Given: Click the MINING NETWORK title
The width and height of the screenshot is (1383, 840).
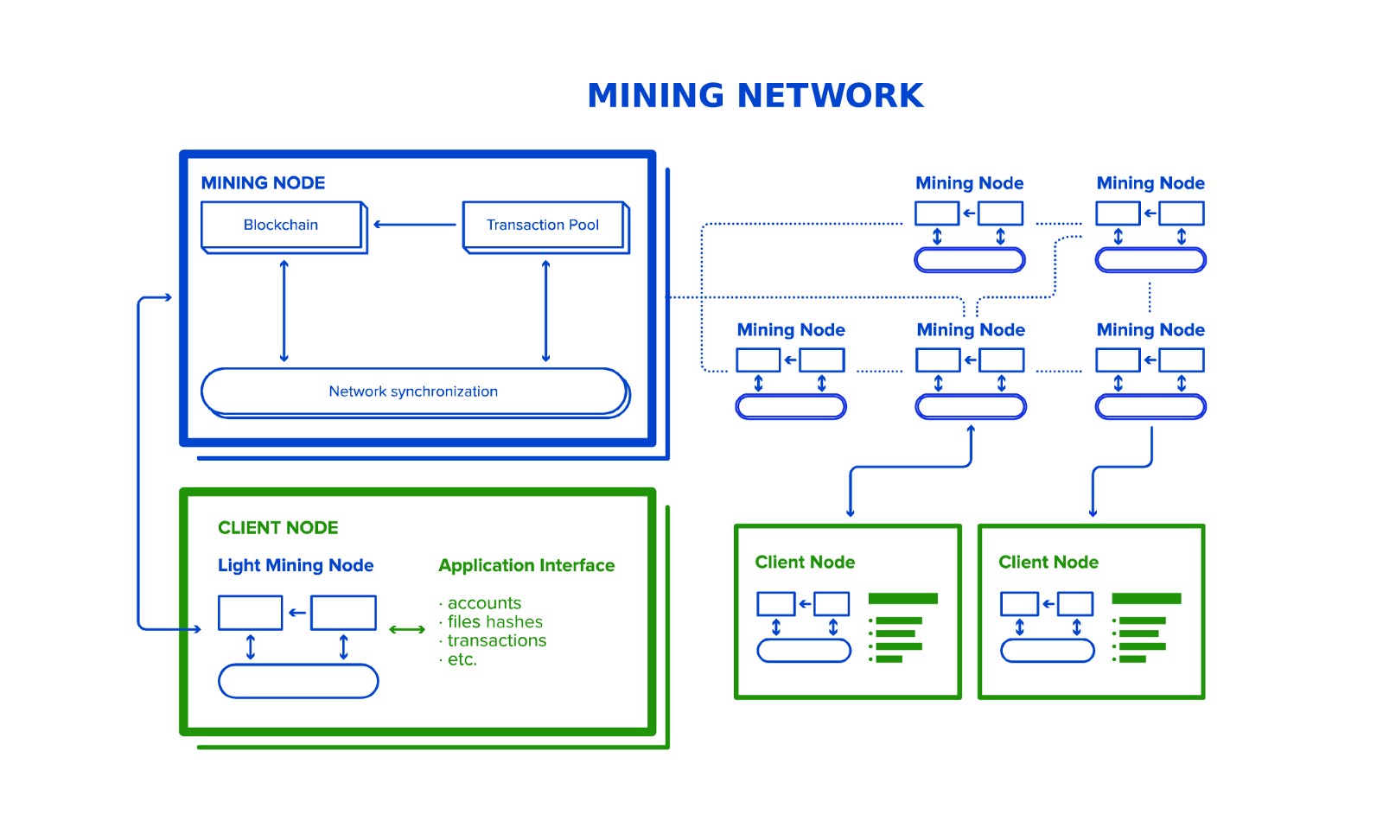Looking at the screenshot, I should click(755, 96).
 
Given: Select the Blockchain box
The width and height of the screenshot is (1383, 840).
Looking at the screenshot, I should click(281, 226).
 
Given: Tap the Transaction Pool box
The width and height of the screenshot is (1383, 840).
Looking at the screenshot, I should click(543, 226).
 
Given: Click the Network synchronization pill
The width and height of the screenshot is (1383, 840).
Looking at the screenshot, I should click(413, 391).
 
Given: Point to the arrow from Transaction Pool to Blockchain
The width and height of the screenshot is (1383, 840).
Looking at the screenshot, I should click(415, 225).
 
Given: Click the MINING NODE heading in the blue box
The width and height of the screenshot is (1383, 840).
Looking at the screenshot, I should click(263, 183).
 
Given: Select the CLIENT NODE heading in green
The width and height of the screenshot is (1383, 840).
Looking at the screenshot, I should click(277, 528).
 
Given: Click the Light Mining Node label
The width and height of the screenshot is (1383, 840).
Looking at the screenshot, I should click(296, 566).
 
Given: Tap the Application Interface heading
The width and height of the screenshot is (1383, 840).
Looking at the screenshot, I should click(526, 566).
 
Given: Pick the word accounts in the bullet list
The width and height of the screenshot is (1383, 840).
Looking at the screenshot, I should click(484, 603).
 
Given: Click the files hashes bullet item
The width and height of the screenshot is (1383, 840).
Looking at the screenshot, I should click(494, 622).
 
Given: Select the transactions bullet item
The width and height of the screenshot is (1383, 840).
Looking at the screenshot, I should click(496, 641).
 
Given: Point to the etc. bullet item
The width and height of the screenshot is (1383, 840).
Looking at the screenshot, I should click(462, 660).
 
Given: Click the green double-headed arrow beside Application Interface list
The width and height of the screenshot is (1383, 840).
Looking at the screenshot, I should click(407, 630).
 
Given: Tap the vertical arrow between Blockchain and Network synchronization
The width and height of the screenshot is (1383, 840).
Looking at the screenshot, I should click(284, 311).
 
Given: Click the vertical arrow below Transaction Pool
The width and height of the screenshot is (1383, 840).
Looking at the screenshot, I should click(545, 311).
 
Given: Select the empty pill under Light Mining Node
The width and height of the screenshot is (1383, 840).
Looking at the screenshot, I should click(298, 681).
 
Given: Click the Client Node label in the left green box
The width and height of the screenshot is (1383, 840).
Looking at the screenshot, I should click(805, 563).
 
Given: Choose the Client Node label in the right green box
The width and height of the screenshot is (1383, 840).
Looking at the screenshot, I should click(1048, 563).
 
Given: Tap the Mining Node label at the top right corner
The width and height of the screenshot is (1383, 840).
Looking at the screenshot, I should click(1150, 183).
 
